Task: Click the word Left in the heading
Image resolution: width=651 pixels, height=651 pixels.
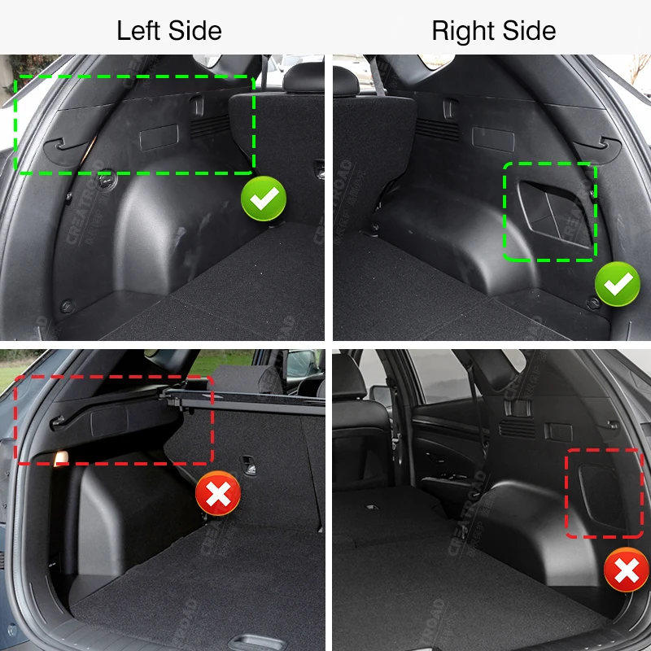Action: (138, 30)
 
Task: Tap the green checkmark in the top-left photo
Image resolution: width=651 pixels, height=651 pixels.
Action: (264, 199)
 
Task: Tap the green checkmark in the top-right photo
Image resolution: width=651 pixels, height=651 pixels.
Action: (618, 284)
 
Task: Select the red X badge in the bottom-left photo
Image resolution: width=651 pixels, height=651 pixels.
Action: (218, 493)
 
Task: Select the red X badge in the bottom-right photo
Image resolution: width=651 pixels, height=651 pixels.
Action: (627, 570)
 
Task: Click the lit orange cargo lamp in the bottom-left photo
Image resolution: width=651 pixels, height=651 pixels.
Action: (61, 458)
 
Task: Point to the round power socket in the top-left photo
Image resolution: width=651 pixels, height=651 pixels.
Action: (107, 180)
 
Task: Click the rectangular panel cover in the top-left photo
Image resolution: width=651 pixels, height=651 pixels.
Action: (159, 137)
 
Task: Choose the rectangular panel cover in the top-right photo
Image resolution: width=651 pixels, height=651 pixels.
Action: (493, 139)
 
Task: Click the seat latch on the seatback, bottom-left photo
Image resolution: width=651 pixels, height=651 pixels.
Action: (249, 464)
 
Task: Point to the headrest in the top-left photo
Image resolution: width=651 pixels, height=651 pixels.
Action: (304, 77)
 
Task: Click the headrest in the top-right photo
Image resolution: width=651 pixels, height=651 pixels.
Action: (345, 81)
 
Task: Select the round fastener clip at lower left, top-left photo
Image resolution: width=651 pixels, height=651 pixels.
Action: (68, 307)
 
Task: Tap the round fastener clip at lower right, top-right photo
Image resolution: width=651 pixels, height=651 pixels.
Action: (593, 303)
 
